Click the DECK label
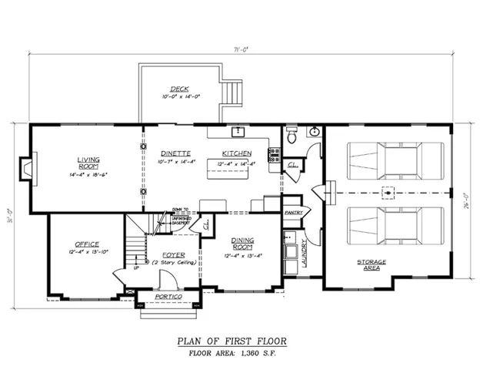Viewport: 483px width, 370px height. point(179,89)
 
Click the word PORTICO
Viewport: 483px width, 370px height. point(168,297)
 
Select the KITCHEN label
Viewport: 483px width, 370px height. point(237,153)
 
